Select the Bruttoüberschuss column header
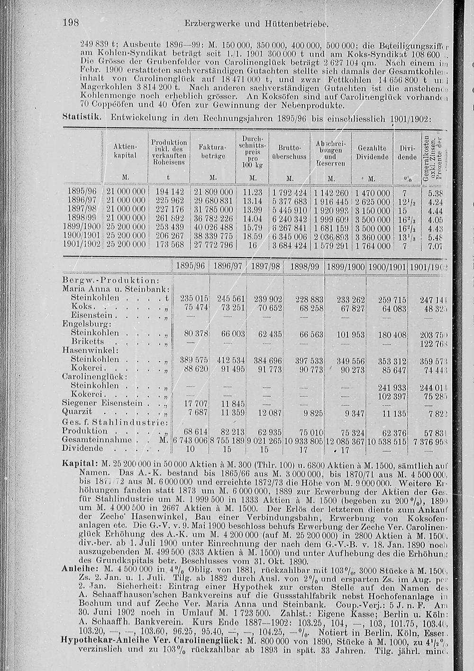click(290, 152)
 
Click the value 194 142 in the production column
click(170, 193)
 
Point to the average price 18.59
click(253, 236)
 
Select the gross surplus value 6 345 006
click(290, 236)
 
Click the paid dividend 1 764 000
click(373, 245)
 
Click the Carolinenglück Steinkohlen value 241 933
click(391, 385)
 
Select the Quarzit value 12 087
click(268, 412)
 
